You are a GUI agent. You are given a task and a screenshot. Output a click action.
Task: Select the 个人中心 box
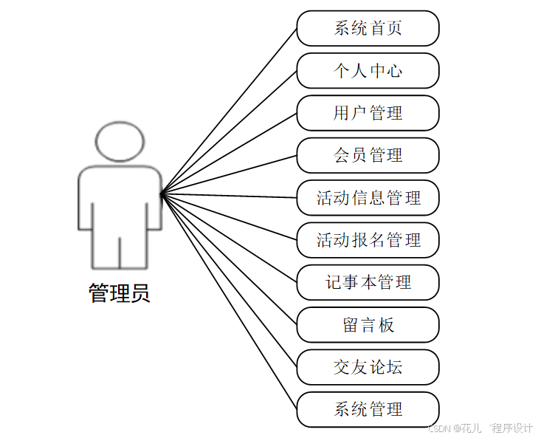(368, 71)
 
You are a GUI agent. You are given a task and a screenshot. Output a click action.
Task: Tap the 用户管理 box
(368, 113)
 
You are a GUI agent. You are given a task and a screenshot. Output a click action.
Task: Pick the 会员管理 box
(368, 155)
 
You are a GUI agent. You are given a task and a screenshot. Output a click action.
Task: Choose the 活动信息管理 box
(368, 198)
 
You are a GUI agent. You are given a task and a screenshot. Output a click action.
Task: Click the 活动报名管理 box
(368, 240)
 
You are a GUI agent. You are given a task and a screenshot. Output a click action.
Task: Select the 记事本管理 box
(368, 282)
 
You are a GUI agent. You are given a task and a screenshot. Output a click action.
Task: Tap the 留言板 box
(368, 325)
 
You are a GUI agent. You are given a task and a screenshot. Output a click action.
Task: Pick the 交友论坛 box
(368, 367)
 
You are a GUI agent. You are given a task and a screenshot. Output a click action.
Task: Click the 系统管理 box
(368, 409)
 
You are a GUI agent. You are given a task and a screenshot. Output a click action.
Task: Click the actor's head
(120, 140)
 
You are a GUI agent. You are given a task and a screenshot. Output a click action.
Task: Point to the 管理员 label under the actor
(120, 293)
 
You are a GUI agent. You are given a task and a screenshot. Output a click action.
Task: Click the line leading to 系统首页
(229, 111)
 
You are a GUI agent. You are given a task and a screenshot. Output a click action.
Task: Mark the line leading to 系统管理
(229, 301)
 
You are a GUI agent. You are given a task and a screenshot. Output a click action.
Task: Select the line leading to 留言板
(229, 259)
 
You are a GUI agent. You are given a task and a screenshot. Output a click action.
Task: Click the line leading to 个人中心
(229, 132)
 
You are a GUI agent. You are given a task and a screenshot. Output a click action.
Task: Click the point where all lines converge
(162, 194)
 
